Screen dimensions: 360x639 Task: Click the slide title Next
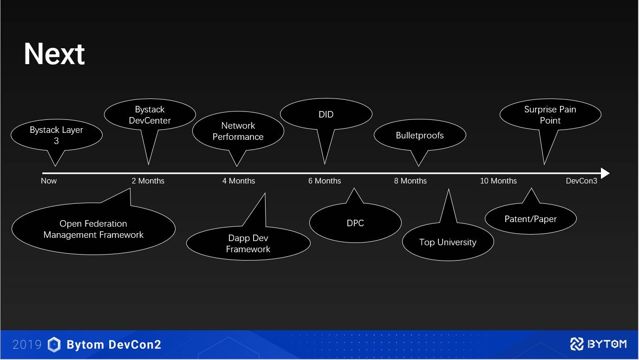click(54, 54)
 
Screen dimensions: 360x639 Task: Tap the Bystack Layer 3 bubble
click(56, 135)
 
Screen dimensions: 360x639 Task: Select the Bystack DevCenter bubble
click(150, 115)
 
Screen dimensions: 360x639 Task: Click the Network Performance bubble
click(238, 131)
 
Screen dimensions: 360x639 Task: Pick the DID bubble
click(326, 114)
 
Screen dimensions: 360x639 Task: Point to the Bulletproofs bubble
click(420, 135)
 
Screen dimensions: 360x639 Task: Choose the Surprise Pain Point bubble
click(550, 115)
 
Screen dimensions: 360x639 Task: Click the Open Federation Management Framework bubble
click(93, 229)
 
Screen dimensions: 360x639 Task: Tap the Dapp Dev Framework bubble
click(248, 243)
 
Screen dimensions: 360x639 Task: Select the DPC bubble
click(355, 223)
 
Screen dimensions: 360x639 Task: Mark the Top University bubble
click(448, 242)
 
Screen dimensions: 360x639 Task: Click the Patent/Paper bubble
click(530, 219)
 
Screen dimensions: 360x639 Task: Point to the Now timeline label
click(49, 181)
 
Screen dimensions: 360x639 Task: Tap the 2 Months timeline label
click(148, 181)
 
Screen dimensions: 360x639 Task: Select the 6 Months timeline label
click(325, 181)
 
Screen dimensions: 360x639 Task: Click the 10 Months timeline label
click(498, 181)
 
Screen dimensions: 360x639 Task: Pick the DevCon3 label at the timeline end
click(581, 181)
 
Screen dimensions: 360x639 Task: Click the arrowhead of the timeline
click(605, 173)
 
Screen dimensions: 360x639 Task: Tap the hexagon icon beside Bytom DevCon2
click(54, 345)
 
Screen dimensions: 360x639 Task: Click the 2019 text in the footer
click(27, 345)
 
